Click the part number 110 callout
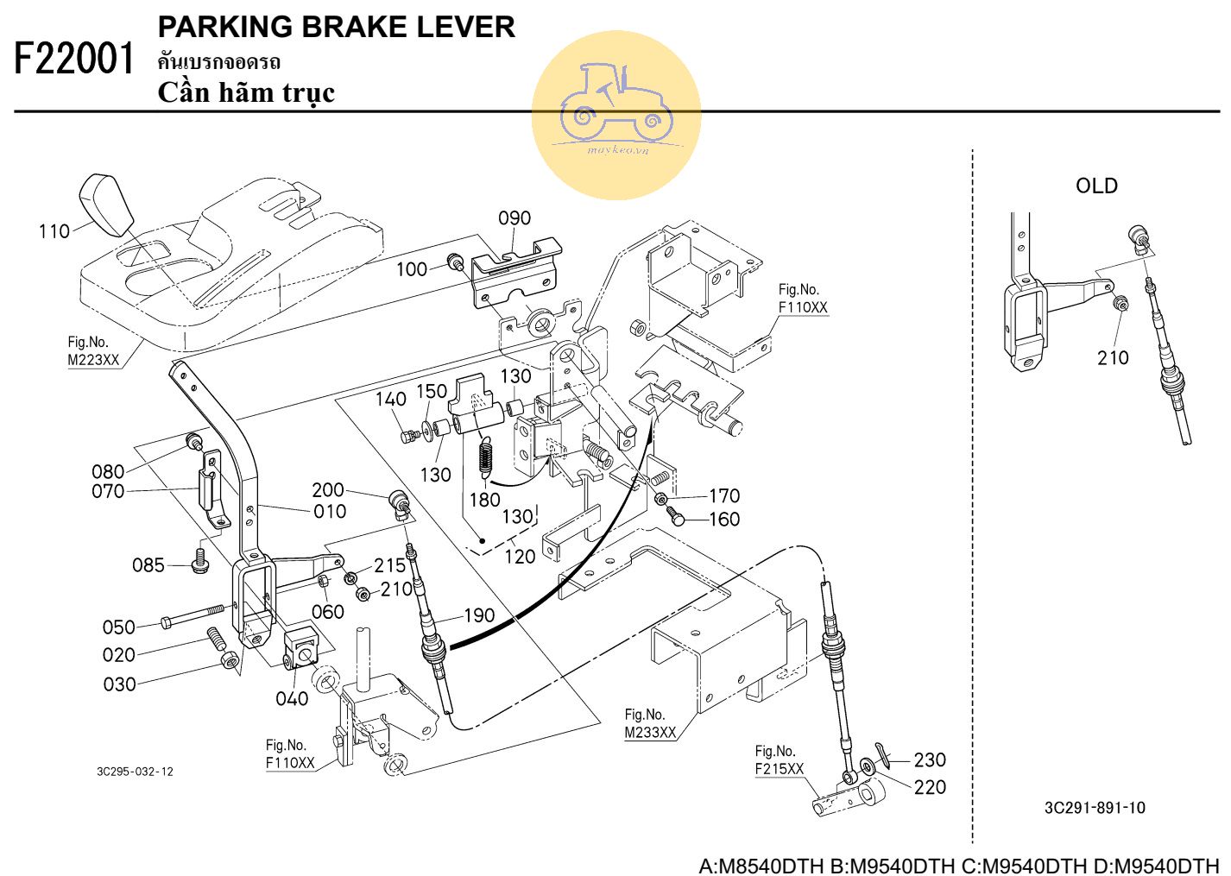[54, 231]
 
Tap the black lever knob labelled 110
[105, 205]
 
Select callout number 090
[514, 218]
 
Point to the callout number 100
[412, 269]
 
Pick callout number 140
[390, 399]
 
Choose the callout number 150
[432, 391]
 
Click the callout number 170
[724, 495]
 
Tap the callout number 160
[724, 519]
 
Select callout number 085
[148, 565]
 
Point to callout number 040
[292, 698]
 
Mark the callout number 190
[479, 615]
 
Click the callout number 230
[930, 759]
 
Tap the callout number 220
[930, 787]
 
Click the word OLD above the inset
[1096, 186]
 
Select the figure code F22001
[75, 60]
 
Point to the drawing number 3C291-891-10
[1095, 808]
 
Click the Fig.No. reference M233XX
[650, 733]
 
